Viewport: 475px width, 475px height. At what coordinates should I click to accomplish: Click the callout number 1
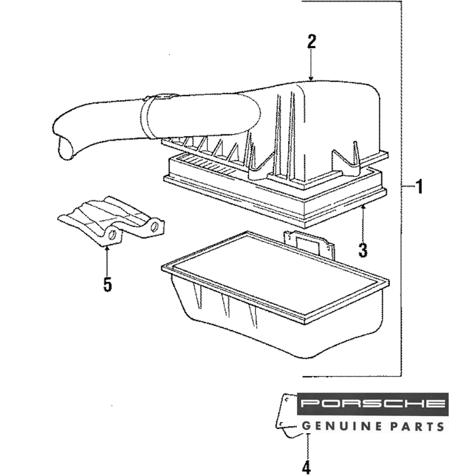click(x=418, y=187)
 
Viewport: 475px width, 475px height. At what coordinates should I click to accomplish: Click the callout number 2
click(x=311, y=42)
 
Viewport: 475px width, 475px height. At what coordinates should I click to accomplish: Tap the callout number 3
click(x=363, y=249)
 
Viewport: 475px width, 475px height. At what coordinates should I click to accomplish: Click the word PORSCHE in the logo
click(x=373, y=404)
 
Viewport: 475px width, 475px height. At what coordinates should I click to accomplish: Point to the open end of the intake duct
click(x=66, y=147)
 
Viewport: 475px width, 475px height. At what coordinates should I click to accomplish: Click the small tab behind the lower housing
click(x=309, y=243)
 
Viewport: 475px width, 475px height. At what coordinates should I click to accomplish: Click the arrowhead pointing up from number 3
click(x=363, y=208)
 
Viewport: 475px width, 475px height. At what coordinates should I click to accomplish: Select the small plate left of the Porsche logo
click(x=287, y=413)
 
